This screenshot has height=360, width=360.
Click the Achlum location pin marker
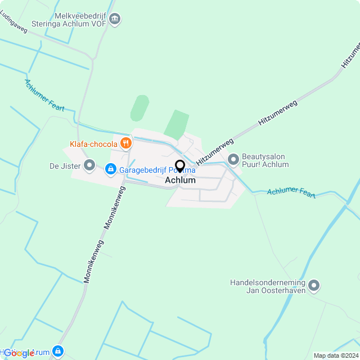(x=180, y=166)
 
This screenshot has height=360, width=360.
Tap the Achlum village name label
(x=180, y=181)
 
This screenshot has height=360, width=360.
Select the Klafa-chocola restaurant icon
(x=125, y=144)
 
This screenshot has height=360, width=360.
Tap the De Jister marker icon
(x=89, y=165)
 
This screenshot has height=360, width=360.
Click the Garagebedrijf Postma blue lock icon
(x=110, y=169)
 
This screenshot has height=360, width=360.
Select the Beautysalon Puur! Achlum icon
(x=233, y=160)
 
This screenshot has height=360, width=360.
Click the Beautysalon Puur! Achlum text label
(x=265, y=161)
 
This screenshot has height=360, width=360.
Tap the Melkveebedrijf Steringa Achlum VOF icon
(x=115, y=20)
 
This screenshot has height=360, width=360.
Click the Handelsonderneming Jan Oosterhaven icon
(x=314, y=286)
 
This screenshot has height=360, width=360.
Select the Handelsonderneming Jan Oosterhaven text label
(x=268, y=287)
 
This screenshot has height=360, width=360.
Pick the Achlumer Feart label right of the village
(x=291, y=192)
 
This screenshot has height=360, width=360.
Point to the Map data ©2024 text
(x=336, y=355)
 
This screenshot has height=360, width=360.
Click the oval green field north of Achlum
(x=139, y=108)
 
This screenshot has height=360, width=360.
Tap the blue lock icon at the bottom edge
(x=57, y=352)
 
